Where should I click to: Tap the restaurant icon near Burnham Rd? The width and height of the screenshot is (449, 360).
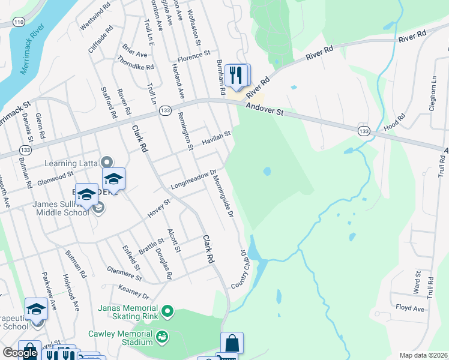coord(238,76)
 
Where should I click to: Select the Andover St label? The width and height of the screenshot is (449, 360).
coord(264,110)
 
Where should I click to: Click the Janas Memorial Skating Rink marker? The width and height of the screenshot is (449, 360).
coord(167,311)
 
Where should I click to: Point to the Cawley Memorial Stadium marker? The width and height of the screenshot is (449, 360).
coord(161,337)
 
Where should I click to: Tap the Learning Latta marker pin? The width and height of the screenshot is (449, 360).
coord(107,162)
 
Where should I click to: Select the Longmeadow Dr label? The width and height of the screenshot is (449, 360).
coord(193,179)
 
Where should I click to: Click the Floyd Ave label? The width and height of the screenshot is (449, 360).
coord(410,308)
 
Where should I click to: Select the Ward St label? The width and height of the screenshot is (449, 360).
coord(417,278)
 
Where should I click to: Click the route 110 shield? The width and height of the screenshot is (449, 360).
coord(19,22)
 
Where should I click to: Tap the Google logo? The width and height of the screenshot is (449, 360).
coord(20,353)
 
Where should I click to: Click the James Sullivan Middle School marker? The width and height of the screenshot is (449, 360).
coord(98,208)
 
